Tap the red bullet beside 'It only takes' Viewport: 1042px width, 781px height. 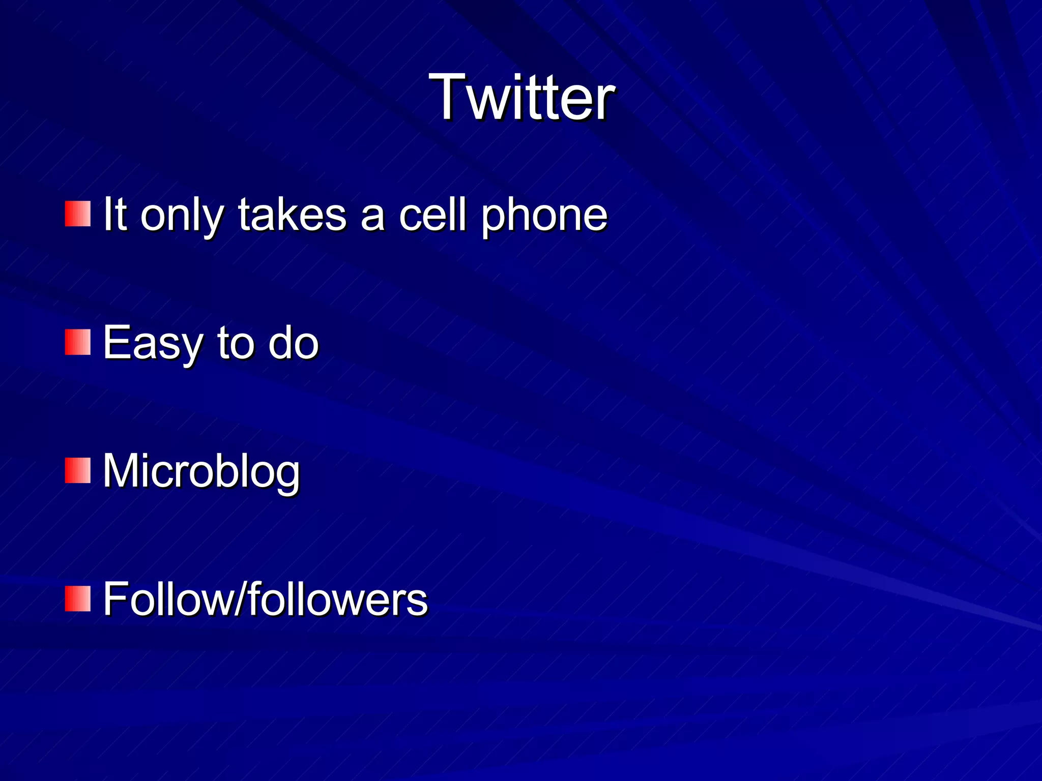pyautogui.click(x=78, y=214)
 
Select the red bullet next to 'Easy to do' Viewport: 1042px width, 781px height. pyautogui.click(x=78, y=342)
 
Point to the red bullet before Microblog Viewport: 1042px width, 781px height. pyautogui.click(x=78, y=470)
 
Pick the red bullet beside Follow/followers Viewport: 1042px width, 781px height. pyautogui.click(x=78, y=598)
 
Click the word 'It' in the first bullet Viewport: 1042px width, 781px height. pyautogui.click(x=114, y=215)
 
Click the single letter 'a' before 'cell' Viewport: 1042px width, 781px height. pyautogui.click(x=372, y=218)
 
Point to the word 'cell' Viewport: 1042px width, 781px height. pyautogui.click(x=432, y=215)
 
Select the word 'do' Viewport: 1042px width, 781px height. pyautogui.click(x=294, y=343)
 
